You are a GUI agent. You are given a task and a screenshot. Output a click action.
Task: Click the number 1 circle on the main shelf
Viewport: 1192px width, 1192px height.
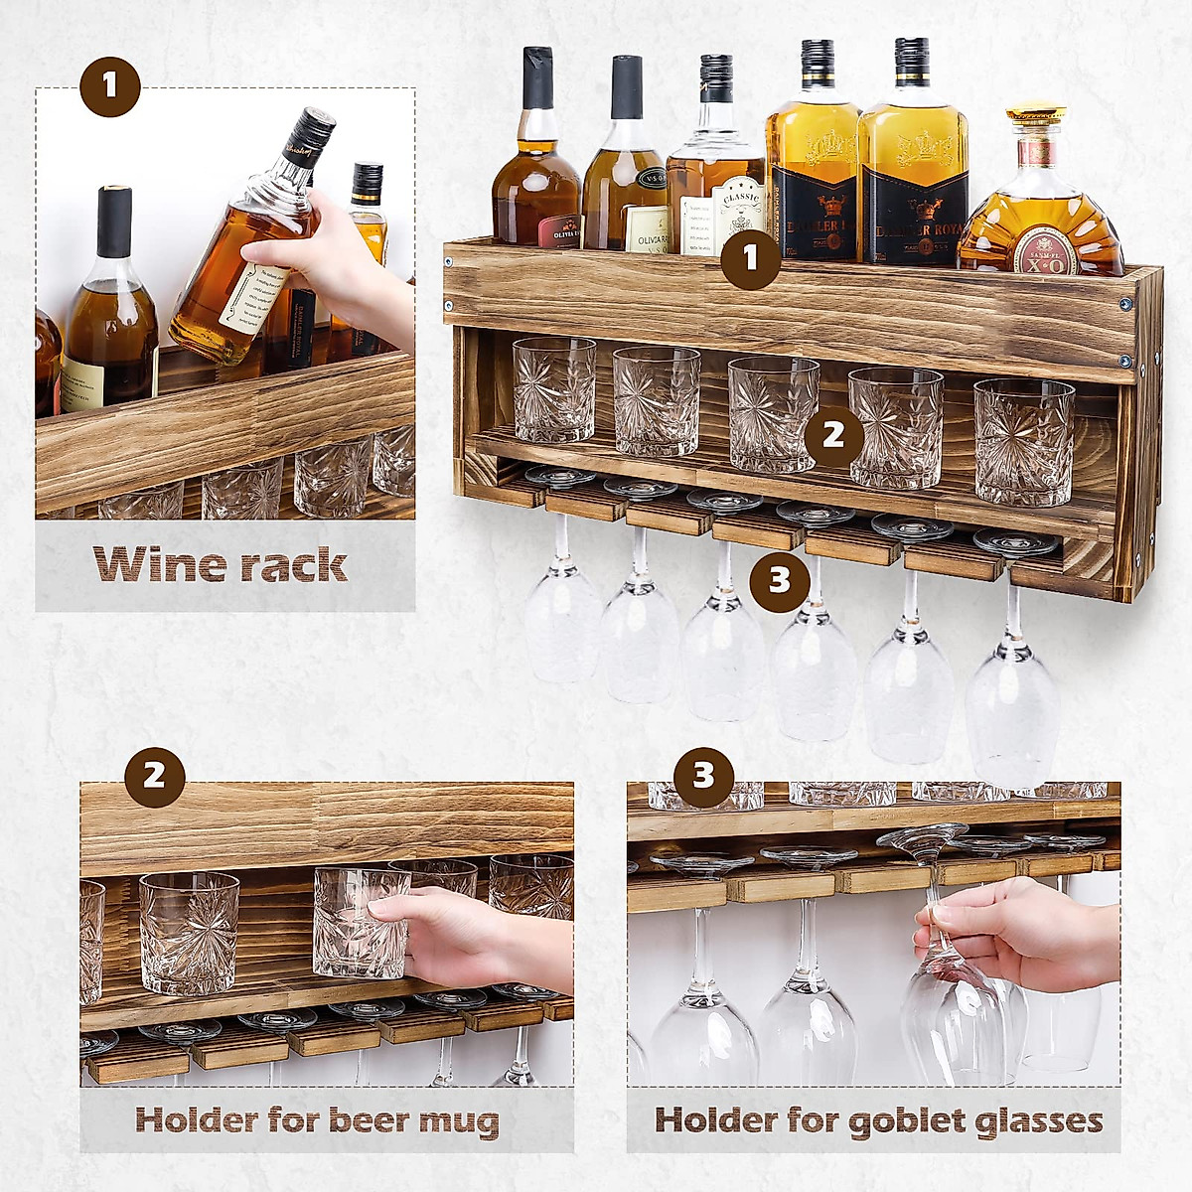pos(750,259)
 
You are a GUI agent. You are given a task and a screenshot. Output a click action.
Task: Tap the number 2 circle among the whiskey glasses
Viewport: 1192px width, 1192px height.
pos(833,435)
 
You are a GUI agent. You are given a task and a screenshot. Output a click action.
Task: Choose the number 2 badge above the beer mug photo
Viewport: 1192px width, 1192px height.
pos(155,776)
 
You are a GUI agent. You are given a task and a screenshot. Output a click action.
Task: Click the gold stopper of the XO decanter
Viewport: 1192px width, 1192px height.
pos(1035,114)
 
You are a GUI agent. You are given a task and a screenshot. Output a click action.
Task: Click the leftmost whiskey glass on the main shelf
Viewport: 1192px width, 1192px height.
pos(553,388)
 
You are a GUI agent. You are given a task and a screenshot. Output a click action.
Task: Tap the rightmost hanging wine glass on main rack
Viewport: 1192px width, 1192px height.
pos(1011,695)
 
